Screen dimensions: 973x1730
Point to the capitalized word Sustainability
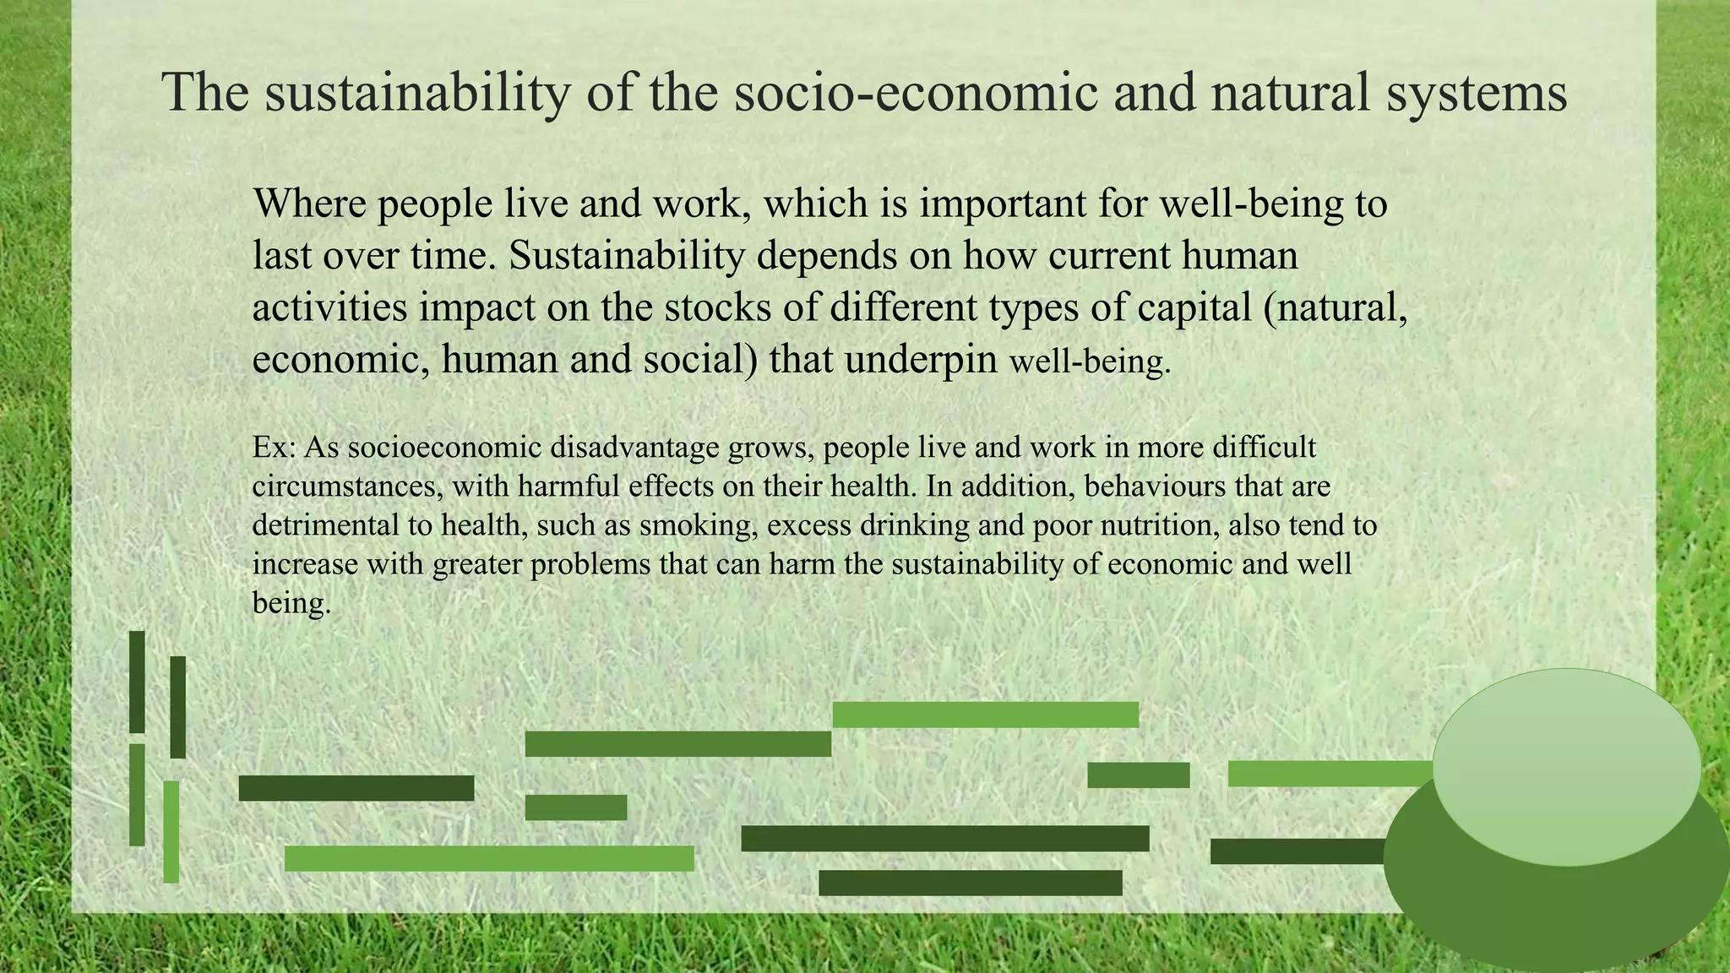[x=627, y=255]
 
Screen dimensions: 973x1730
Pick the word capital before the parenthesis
[x=1194, y=307]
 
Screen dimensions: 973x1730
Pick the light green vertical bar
[x=171, y=832]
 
